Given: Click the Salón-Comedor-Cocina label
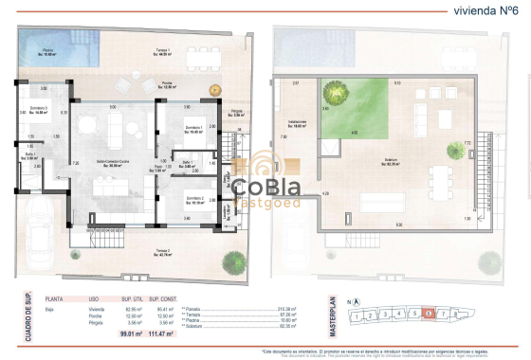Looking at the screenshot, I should (118, 163).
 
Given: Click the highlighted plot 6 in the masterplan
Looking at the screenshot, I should (430, 314).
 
